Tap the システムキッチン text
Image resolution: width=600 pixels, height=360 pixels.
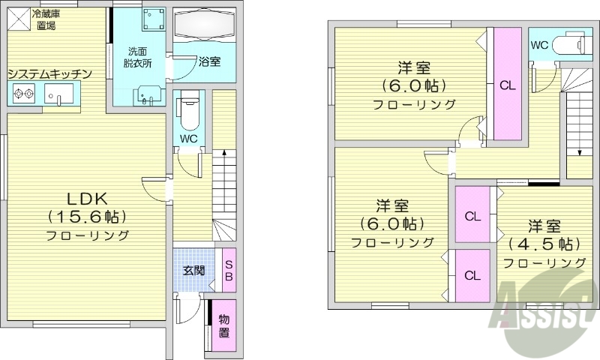(49, 73)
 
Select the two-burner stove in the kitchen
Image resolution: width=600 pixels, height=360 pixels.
(22, 94)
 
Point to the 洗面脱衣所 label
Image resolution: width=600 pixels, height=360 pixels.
(139, 58)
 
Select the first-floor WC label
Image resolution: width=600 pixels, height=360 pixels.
(188, 139)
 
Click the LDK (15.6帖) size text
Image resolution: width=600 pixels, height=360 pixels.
(87, 216)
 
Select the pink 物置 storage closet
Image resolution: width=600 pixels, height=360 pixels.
(224, 325)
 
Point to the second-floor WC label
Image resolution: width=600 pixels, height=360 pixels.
(539, 45)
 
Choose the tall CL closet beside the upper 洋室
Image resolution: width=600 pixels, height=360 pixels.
(507, 84)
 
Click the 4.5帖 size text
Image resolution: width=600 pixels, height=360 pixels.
(544, 244)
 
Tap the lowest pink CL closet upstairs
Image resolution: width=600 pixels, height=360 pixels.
(472, 274)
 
